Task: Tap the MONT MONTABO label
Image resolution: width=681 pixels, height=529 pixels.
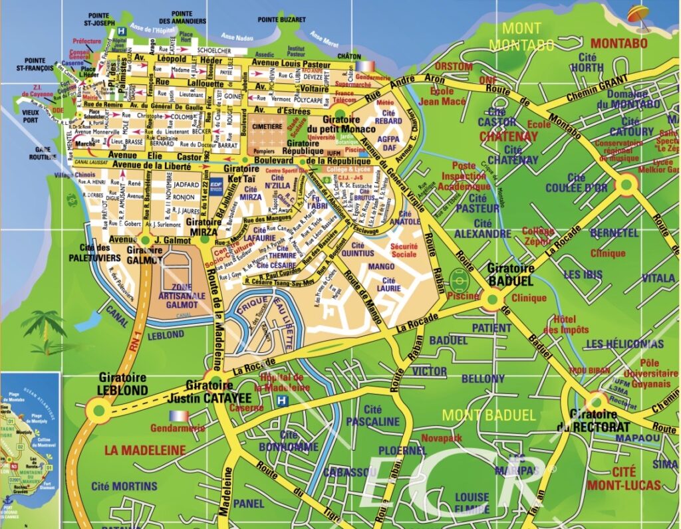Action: (521, 37)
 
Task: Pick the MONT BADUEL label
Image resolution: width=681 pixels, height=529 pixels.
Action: (488, 415)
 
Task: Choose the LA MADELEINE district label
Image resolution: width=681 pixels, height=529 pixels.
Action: (144, 450)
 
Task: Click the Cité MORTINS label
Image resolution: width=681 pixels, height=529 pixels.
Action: (124, 486)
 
